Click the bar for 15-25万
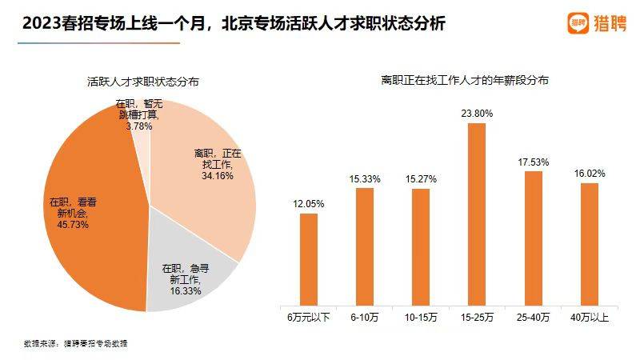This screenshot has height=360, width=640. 477,214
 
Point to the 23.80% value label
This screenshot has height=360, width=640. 477,114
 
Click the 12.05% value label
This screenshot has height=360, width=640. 309,204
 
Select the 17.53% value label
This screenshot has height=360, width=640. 533,162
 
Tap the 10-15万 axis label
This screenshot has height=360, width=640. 421,318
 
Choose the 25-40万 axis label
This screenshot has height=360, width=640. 533,318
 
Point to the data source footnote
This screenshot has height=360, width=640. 76,343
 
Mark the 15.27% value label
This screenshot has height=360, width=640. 421,179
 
